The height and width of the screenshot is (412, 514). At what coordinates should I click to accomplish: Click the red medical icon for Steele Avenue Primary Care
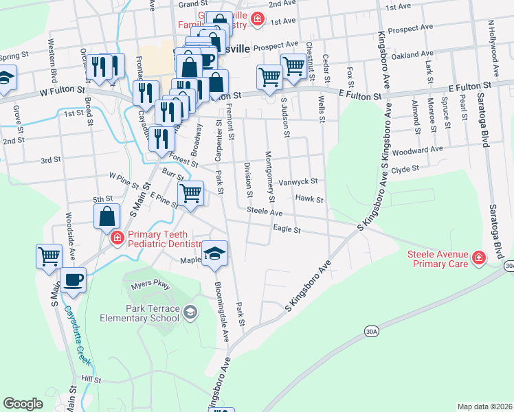pyautogui.click(x=477, y=259)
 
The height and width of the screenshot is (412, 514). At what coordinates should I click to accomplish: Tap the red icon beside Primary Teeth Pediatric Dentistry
pyautogui.click(x=117, y=238)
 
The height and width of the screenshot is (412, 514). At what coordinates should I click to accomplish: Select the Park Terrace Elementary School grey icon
pyautogui.click(x=190, y=313)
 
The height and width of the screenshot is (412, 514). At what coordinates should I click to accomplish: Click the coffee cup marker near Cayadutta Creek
pyautogui.click(x=73, y=279)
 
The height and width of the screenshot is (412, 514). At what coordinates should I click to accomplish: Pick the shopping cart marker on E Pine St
pyautogui.click(x=190, y=193)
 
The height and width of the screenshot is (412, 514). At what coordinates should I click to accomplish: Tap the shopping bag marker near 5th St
pyautogui.click(x=108, y=216)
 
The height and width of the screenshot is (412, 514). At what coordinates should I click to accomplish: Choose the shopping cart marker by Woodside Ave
pyautogui.click(x=49, y=257)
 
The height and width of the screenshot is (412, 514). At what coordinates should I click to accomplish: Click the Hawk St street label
pyautogui.click(x=309, y=198)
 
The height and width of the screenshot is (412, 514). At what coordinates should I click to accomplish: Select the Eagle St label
pyautogui.click(x=287, y=229)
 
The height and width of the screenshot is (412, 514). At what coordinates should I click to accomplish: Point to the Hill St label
pyautogui.click(x=90, y=379)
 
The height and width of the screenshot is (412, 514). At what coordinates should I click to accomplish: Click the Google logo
pyautogui.click(x=23, y=404)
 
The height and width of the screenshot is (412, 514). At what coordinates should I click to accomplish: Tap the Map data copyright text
pyautogui.click(x=484, y=407)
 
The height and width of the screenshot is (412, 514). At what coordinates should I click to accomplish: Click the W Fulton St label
pyautogui.click(x=63, y=90)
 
